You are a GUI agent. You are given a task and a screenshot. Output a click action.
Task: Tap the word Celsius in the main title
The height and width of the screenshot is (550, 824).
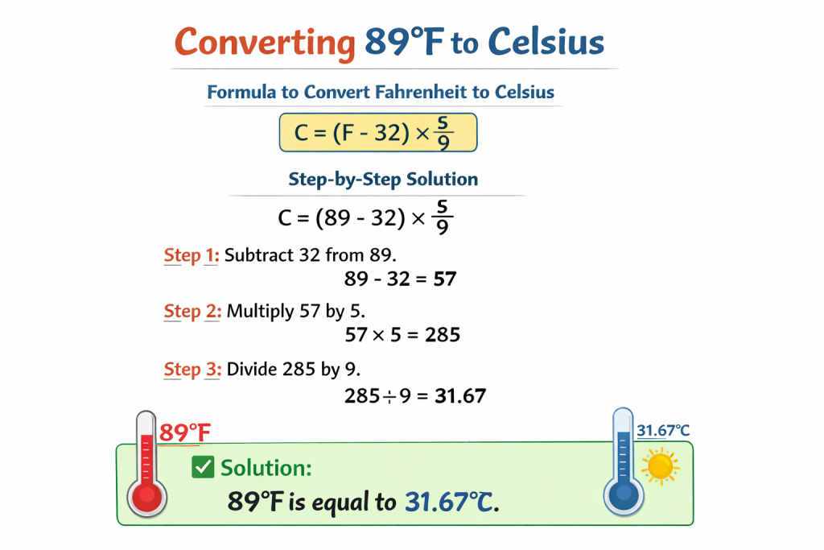(546, 41)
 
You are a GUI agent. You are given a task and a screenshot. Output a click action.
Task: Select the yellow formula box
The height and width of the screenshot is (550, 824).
(378, 133)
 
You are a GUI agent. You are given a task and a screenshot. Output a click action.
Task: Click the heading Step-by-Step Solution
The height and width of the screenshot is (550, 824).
(383, 180)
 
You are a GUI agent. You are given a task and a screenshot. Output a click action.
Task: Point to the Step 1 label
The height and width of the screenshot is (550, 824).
(192, 255)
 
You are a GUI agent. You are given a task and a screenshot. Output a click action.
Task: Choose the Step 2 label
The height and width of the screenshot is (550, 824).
(192, 312)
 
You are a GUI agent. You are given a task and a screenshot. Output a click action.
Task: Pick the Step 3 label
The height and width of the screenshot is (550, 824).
(192, 370)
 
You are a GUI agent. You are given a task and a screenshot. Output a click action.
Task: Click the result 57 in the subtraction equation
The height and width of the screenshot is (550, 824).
(444, 279)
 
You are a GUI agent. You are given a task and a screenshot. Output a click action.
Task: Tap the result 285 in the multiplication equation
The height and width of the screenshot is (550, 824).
(443, 334)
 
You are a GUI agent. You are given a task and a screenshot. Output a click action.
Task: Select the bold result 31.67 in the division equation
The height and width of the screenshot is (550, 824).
(460, 396)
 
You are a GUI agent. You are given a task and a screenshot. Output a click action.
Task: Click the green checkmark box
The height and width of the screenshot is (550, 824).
(203, 467)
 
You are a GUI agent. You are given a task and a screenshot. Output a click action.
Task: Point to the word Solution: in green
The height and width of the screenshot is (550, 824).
(266, 467)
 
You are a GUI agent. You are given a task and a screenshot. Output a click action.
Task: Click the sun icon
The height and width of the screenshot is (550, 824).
(661, 466)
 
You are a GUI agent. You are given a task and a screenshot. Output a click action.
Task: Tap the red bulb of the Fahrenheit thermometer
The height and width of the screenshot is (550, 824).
(147, 496)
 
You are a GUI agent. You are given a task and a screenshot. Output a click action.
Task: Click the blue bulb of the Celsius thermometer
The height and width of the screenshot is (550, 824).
(624, 494)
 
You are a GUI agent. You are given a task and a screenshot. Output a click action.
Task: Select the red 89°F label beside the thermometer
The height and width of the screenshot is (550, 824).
(184, 432)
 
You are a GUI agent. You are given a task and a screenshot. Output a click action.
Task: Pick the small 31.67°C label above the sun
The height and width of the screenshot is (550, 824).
(663, 431)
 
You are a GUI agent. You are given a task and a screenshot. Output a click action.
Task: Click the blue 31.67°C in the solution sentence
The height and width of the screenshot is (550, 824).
(449, 502)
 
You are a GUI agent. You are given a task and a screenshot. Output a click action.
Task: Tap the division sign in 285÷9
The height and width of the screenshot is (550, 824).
(389, 397)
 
